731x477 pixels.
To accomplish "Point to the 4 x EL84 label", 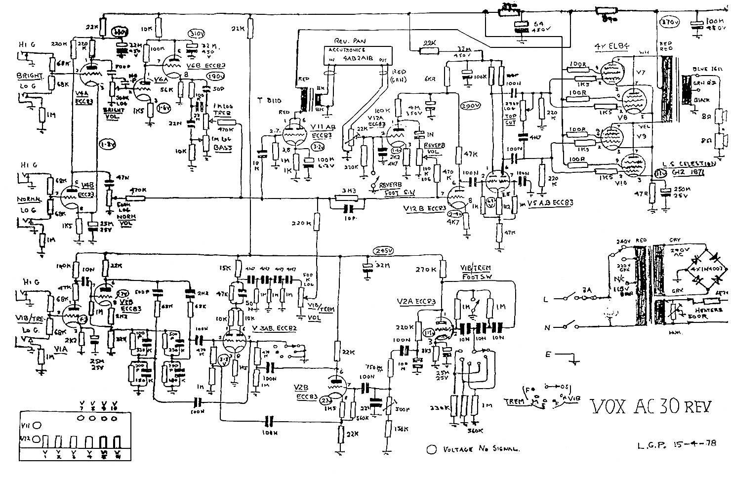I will (x=612, y=46).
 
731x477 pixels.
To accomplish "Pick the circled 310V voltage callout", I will (x=198, y=33).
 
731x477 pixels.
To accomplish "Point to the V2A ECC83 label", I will (x=415, y=302).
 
